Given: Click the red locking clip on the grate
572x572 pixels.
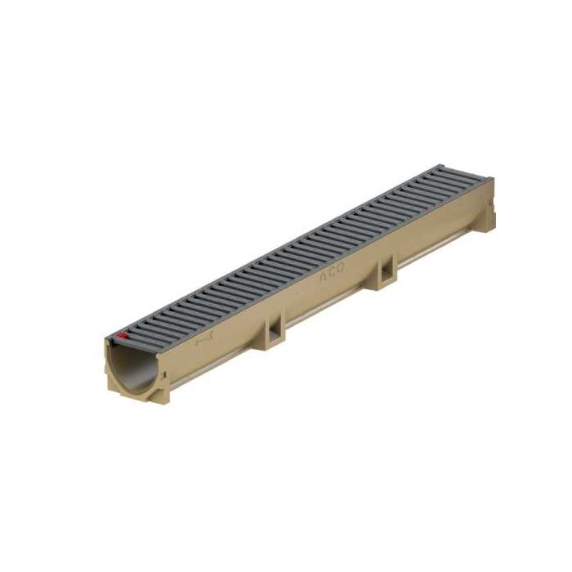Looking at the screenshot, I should tap(123, 334).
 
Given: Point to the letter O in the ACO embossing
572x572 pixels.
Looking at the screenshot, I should tap(337, 272).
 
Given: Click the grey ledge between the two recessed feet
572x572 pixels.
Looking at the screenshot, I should tap(327, 309).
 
